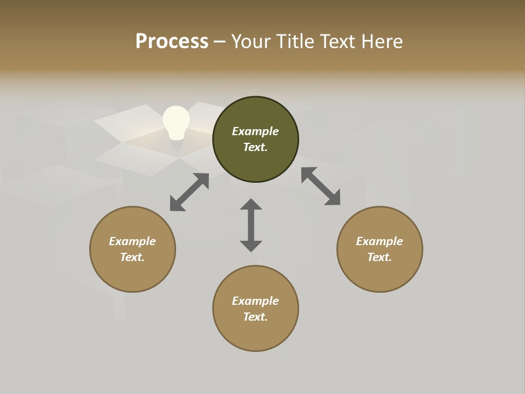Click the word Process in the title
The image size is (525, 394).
172,41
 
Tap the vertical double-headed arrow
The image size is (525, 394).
251,225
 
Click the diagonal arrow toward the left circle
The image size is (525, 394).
189,192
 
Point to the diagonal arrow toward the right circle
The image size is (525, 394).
320,186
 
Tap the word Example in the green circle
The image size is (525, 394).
255,131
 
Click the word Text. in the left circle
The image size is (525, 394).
132,257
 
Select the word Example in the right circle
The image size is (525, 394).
380,241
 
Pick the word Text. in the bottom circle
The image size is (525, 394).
255,317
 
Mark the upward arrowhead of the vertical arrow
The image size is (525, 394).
251,205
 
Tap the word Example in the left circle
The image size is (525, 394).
132,241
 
